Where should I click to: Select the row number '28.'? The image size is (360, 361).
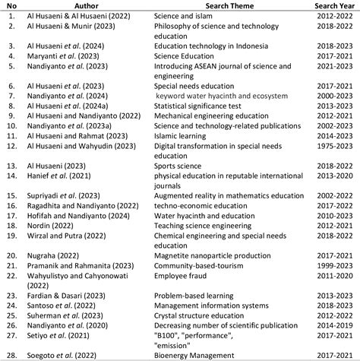tap(11, 355)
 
